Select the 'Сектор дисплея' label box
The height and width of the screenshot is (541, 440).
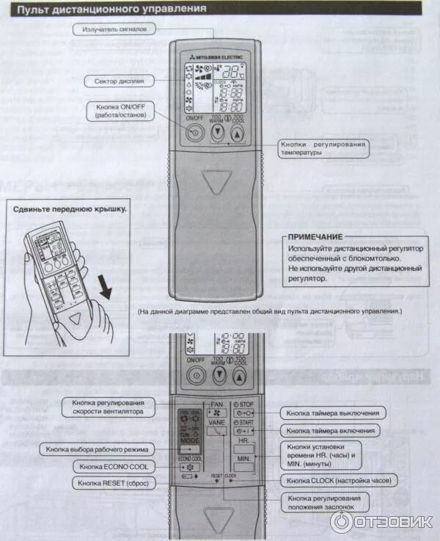pyautogui.click(x=114, y=81)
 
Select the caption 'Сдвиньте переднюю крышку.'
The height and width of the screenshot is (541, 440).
pyautogui.click(x=70, y=208)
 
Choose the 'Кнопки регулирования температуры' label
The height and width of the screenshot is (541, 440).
pyautogui.click(x=323, y=149)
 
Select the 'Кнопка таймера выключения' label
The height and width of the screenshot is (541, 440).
pyautogui.click(x=334, y=413)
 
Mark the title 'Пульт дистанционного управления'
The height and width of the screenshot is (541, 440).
pyautogui.click(x=111, y=9)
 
